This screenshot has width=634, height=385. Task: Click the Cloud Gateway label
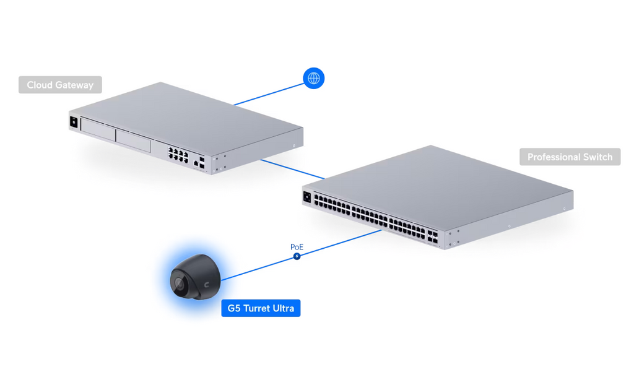pos(60,85)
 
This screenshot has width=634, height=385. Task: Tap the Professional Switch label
pos(570,157)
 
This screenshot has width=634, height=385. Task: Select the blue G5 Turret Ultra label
pos(261,308)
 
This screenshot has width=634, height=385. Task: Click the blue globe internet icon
pos(314,78)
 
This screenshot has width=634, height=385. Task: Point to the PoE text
pos(297,247)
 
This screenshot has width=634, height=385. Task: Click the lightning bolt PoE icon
pos(297,256)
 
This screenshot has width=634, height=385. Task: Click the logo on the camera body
pos(207,285)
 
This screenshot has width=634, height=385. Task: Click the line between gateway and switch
pos(292,169)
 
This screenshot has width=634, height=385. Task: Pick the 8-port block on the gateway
pos(178,155)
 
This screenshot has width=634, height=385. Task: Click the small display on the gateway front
pos(74,122)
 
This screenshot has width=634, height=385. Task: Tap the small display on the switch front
pos(307,197)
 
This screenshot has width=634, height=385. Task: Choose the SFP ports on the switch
pos(432,237)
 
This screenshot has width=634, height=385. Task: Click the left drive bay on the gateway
pos(98,130)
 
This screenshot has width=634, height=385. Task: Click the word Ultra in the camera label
pos(283,308)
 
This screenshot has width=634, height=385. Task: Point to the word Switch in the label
pos(596,157)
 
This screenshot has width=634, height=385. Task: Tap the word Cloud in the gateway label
pos(40,85)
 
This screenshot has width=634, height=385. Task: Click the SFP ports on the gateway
pos(202,163)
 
